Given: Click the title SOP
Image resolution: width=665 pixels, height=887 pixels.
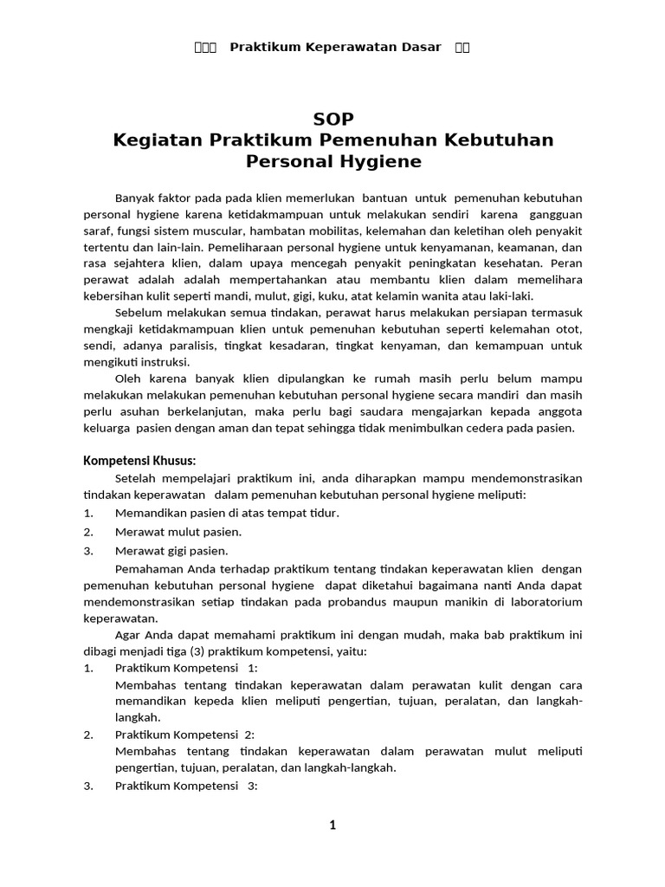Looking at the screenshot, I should [x=333, y=119].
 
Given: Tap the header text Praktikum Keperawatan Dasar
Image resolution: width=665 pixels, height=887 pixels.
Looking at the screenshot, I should [x=335, y=47].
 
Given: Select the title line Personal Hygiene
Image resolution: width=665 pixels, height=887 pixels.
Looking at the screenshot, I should [x=333, y=161].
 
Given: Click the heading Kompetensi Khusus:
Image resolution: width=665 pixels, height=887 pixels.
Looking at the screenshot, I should [x=139, y=460].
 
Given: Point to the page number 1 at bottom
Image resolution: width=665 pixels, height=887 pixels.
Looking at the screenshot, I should [x=332, y=825].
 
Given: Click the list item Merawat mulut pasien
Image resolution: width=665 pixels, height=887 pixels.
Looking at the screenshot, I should [x=178, y=532].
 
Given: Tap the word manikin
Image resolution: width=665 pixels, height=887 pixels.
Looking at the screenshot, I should [x=493, y=602].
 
